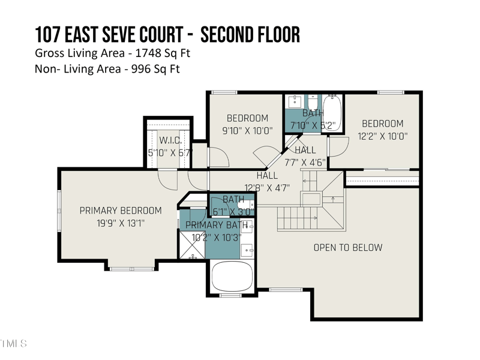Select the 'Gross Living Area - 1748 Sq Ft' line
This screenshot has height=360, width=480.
click(113, 53)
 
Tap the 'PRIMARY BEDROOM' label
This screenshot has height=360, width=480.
click(121, 211)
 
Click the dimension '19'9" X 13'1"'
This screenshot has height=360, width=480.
click(121, 223)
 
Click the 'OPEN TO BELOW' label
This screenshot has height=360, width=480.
click(347, 247)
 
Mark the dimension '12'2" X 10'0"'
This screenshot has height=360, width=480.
click(382, 136)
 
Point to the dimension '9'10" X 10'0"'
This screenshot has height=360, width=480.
click(247, 130)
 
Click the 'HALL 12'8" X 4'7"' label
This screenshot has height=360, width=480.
click(267, 181)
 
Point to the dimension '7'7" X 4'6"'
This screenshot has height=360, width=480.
click(305, 162)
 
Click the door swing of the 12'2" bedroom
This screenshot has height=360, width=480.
click(338, 146)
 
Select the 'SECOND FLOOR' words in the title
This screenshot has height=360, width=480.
click(250, 34)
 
